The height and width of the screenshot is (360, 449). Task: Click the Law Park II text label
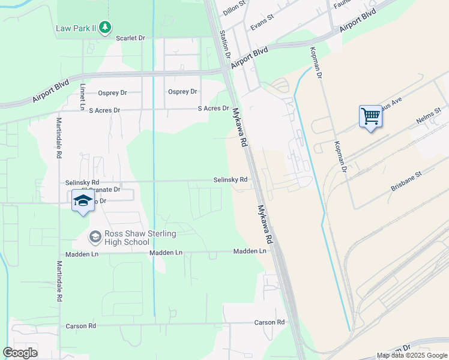tap(76, 28)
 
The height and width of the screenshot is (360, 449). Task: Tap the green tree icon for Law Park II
tap(106, 27)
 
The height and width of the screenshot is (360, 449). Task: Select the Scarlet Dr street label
tap(131, 38)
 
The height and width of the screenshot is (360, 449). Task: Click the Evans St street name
tap(262, 23)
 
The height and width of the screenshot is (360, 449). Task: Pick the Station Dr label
tap(226, 44)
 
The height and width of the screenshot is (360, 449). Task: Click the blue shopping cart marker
tap(371, 116)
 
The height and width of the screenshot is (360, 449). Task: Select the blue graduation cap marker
tap(83, 200)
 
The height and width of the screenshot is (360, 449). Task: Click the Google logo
tap(20, 353)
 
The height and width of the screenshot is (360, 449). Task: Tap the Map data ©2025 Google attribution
tap(412, 355)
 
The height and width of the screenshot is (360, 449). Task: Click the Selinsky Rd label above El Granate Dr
tap(82, 182)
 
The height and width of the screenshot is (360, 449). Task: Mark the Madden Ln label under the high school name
tap(166, 253)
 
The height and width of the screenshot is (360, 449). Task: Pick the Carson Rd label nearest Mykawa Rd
tap(269, 322)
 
